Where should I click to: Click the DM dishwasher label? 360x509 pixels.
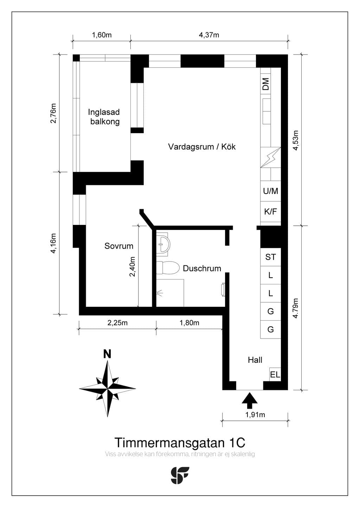click(266, 84)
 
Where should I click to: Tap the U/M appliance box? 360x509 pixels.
click(271, 191)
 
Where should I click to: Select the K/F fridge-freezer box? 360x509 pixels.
click(271, 212)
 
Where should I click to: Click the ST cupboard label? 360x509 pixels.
click(270, 257)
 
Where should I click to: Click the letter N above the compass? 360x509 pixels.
click(107, 354)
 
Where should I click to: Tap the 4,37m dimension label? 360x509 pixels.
click(209, 35)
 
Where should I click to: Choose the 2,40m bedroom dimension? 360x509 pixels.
click(132, 266)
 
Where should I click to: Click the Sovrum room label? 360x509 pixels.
click(118, 246)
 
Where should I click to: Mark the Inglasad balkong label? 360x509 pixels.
click(104, 117)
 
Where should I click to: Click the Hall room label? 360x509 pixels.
click(255, 360)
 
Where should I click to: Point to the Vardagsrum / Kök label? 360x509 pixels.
click(202, 147)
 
